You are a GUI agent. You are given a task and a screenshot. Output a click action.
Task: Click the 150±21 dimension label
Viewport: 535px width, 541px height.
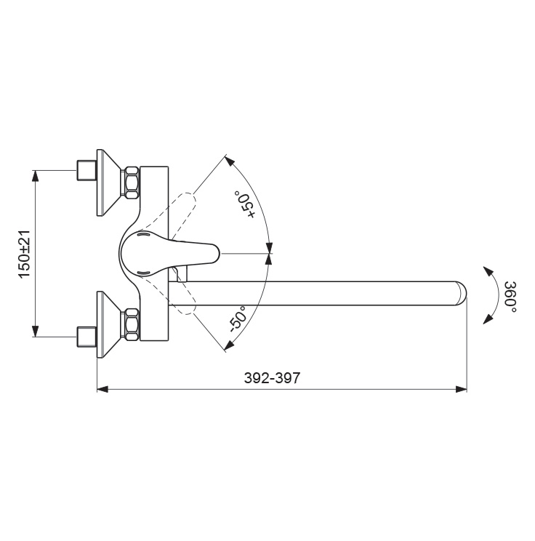pos(25,254)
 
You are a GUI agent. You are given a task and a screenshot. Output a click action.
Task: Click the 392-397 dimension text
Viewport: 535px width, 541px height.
pos(272,378)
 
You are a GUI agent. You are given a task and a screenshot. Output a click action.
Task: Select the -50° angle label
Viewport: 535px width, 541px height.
pos(238,318)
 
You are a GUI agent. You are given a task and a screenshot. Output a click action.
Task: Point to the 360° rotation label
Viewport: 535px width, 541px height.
pos(510,297)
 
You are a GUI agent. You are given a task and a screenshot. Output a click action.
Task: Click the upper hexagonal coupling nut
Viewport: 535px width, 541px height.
pos(132,183)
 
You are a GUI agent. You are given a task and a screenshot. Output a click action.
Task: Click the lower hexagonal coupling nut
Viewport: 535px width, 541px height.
pos(132,324)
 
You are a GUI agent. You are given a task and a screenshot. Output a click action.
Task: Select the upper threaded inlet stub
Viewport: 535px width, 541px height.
pos(87,170)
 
